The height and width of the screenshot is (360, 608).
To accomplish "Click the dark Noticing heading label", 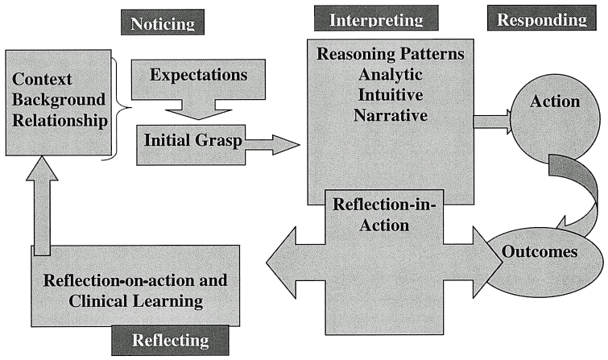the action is coord(163,22).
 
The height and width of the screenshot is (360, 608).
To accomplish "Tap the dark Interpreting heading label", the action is coord(376,18).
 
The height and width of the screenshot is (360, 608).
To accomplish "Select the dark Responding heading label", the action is coord(542,18).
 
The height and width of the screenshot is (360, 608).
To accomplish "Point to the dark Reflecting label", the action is coord(170,340).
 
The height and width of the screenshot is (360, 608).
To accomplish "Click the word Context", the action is coord(42,79).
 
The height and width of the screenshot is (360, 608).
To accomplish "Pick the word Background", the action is coord(59,100).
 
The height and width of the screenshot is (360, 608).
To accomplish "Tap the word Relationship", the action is coord(60,121).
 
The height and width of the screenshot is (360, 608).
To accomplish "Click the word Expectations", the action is coord(199,75).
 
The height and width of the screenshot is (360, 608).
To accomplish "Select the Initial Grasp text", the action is coord(193,140).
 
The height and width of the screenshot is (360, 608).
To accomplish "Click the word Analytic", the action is coord(390,74).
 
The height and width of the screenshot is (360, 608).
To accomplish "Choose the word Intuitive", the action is coord(390,95).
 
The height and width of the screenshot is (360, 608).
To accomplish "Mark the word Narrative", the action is coord(391,115).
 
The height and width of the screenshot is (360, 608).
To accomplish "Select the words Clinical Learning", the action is coord(136,301).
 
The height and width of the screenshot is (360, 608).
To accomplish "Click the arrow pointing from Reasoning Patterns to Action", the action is coord(492,122).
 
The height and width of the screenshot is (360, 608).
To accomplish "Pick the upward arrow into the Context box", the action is coord(42,205).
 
